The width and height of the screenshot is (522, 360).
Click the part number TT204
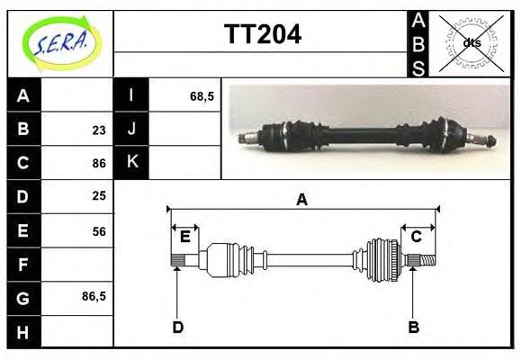pyautogui.click(x=261, y=36)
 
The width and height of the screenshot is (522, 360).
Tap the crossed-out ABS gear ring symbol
pyautogui.click(x=470, y=42)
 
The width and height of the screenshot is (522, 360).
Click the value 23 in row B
pyautogui.click(x=99, y=130)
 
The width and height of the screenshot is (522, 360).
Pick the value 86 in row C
pyautogui.click(x=99, y=163)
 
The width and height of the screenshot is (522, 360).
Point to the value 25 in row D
pyautogui.click(x=99, y=196)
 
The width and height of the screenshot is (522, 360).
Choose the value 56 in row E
pyautogui.click(x=99, y=230)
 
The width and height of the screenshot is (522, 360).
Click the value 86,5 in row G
pyautogui.click(x=94, y=296)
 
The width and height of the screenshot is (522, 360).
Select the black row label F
pyautogui.click(x=23, y=264)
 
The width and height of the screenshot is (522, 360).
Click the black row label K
pyautogui.click(x=131, y=163)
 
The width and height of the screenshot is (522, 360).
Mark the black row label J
pyautogui.click(x=131, y=130)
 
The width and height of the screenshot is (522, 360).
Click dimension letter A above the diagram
pyautogui.click(x=301, y=200)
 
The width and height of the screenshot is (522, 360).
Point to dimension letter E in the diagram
pyautogui.click(x=184, y=237)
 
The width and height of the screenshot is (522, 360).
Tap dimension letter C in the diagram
pyautogui.click(x=417, y=237)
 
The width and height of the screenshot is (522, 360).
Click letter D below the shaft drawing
pyautogui.click(x=177, y=328)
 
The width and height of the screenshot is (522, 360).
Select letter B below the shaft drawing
pyautogui.click(x=413, y=328)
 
